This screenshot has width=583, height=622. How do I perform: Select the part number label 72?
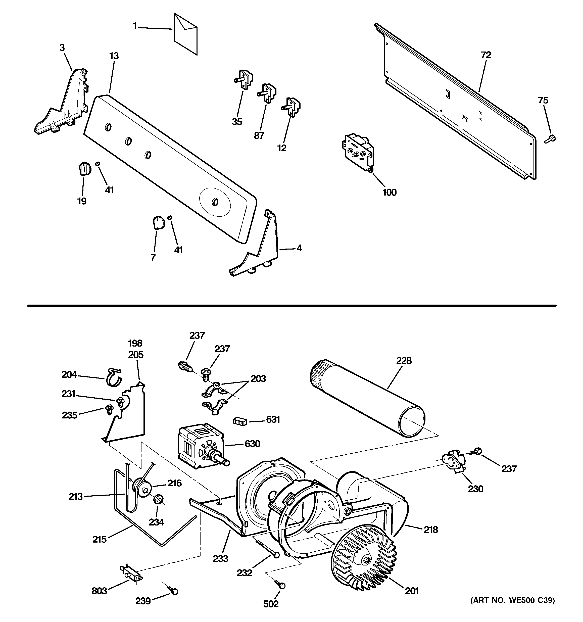(x=486, y=55)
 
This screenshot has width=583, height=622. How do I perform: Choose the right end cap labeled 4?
(x=260, y=250)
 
